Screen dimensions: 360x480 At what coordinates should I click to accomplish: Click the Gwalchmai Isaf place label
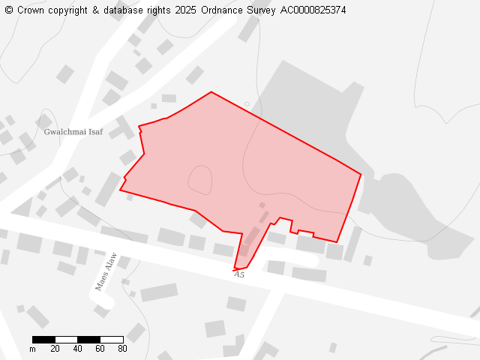(x=73, y=132)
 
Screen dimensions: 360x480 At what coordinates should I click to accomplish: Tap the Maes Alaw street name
(x=106, y=271)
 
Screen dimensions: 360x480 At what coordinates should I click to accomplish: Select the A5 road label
(x=239, y=274)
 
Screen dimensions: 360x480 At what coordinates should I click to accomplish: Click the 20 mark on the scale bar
(x=55, y=349)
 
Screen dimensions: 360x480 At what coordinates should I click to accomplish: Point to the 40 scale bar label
(x=77, y=349)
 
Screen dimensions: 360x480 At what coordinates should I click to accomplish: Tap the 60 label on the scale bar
(x=100, y=349)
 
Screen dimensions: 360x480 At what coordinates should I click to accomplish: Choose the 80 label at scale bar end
(x=122, y=349)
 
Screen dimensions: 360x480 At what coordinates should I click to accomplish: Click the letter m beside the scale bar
(x=32, y=349)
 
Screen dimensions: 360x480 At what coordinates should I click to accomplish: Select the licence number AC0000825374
(x=313, y=10)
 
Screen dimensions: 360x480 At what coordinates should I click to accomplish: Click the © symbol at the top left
(x=9, y=10)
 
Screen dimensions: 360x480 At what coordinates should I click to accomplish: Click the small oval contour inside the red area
(x=199, y=179)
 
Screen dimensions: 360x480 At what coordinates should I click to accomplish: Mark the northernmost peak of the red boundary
(x=211, y=92)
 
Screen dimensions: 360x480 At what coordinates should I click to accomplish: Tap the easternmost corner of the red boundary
(x=361, y=175)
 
